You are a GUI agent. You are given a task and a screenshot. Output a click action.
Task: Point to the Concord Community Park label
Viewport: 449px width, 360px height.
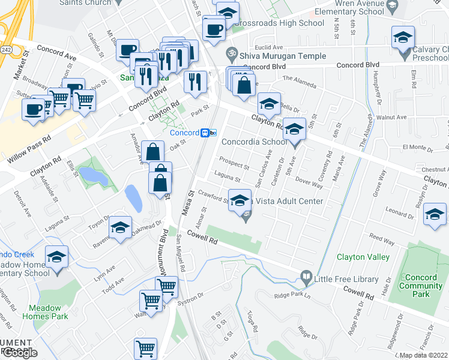[x=424, y=286]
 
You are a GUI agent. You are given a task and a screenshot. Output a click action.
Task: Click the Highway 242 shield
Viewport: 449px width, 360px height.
[x=5, y=48]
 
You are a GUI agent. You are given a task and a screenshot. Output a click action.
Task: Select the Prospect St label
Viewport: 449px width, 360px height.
[x=234, y=163]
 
